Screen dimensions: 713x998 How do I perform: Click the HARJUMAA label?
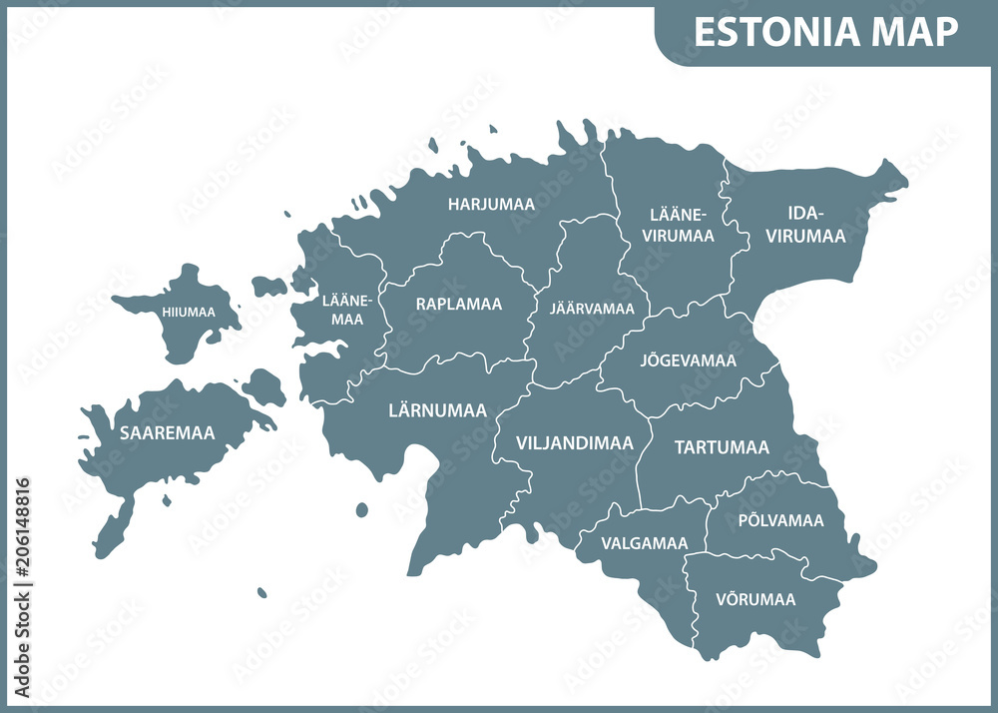[x=491, y=204]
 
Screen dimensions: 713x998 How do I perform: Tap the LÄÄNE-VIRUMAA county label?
[x=681, y=226]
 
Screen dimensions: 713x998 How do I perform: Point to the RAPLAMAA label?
[x=459, y=304]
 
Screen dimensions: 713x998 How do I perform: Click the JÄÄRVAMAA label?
[x=592, y=309]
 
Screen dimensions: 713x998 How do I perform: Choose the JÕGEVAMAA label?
[x=688, y=360]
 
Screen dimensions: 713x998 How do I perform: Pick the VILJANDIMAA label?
[x=574, y=442]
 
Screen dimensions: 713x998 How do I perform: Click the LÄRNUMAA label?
[x=437, y=410]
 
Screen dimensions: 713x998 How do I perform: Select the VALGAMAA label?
[x=644, y=544]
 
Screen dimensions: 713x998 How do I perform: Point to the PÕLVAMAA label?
[x=780, y=520]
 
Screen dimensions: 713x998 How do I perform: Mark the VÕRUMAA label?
[x=755, y=600]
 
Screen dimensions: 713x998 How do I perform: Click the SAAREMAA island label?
[x=167, y=433]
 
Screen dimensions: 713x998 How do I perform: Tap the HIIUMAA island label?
[x=188, y=313]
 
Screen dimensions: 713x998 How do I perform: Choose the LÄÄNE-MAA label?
[x=348, y=310]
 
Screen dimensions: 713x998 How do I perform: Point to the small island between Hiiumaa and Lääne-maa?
[x=268, y=288]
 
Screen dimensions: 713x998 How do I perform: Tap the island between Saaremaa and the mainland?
[x=262, y=386]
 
